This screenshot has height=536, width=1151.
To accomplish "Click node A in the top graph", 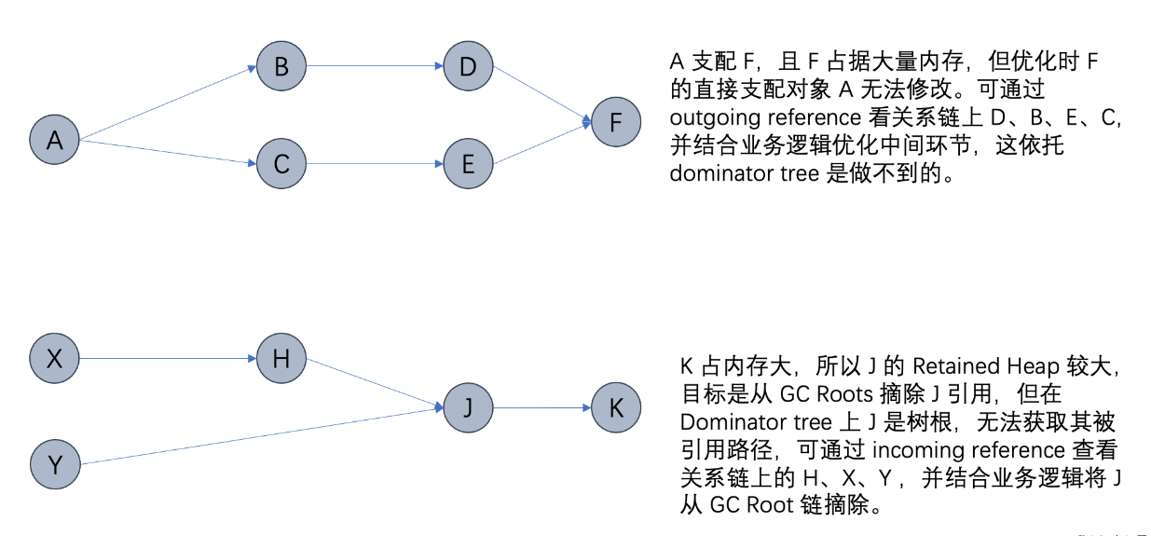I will tap(55, 141).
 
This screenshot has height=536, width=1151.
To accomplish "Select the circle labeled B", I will tap(281, 67).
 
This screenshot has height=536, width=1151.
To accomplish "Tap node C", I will tap(281, 164).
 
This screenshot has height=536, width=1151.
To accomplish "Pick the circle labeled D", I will tap(468, 67).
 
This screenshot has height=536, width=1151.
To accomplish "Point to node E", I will tap(468, 164).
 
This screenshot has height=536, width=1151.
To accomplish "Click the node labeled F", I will tap(616, 121).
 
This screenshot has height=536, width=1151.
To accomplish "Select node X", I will tap(55, 358).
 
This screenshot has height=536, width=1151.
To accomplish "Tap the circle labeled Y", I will tap(55, 463).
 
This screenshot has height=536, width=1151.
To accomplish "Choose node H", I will tap(281, 358).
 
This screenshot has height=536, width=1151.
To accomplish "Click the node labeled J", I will tap(468, 407).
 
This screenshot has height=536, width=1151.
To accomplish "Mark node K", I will tap(616, 407).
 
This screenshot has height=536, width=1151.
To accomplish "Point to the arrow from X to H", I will tap(168, 358).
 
